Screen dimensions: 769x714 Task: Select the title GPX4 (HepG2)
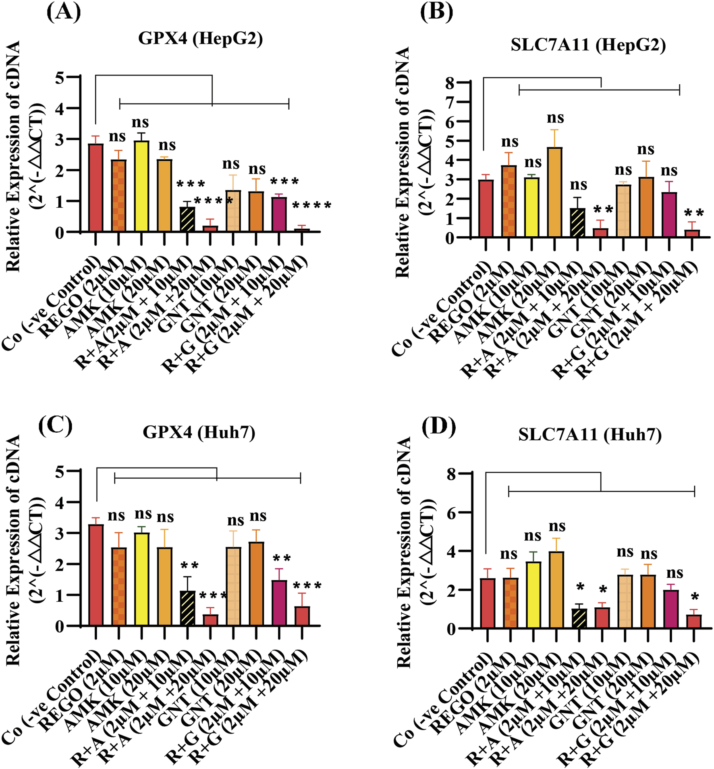coord(200,39)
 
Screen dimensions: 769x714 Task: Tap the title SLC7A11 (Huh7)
coord(590,434)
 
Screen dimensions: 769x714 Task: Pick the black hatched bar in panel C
coord(187,609)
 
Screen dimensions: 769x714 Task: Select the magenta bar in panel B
coord(669,215)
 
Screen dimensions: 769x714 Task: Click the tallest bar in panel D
coord(556,590)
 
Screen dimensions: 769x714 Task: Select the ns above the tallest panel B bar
coord(555,118)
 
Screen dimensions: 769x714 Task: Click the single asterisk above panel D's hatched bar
coord(580,587)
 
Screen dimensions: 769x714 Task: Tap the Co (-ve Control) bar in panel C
coord(96,575)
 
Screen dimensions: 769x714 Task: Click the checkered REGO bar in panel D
coord(510,603)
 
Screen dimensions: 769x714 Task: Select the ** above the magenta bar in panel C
coord(282,559)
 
